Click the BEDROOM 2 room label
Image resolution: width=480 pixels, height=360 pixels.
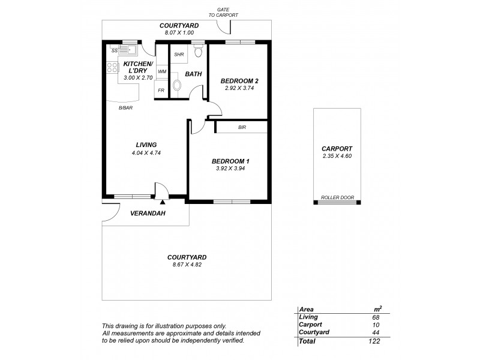pos(239,80)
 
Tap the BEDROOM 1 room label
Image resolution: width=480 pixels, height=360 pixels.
pos(230,161)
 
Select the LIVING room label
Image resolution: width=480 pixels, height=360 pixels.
pos(146,145)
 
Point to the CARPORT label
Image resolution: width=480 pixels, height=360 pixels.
pos(337,148)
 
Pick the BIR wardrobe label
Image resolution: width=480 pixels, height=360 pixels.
pos(242,127)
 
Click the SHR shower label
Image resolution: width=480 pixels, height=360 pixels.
pos(179,55)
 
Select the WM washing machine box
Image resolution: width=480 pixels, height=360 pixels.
pos(161,71)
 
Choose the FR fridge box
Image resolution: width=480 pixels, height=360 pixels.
pos(161,90)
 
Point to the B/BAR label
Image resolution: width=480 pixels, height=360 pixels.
pos(125,107)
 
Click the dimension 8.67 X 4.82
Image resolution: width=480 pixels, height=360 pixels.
pos(185,265)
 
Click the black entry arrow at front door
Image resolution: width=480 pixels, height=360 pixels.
pos(162,203)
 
